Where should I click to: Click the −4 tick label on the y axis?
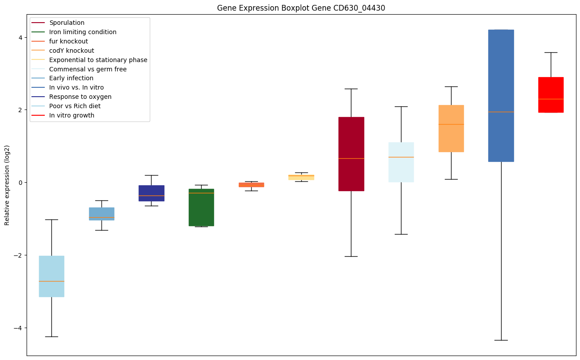click(x=18, y=328)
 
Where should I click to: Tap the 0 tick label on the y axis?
click(x=20, y=183)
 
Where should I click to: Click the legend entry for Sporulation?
click(x=67, y=23)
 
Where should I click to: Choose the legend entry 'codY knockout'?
click(x=72, y=51)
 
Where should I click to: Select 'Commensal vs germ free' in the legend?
click(x=88, y=69)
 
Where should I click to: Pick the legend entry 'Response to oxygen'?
click(x=80, y=97)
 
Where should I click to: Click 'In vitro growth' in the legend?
click(x=72, y=115)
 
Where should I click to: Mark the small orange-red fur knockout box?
click(x=251, y=184)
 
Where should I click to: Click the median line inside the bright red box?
click(x=551, y=99)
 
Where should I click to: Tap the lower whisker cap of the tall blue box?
click(x=501, y=340)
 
